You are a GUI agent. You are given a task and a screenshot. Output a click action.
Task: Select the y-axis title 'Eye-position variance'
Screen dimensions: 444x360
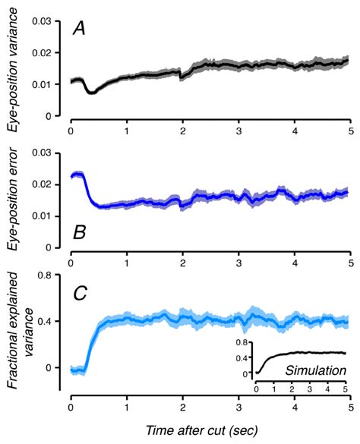click(15, 70)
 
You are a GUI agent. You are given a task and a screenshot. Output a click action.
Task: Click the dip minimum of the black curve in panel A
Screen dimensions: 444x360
click(91, 92)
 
